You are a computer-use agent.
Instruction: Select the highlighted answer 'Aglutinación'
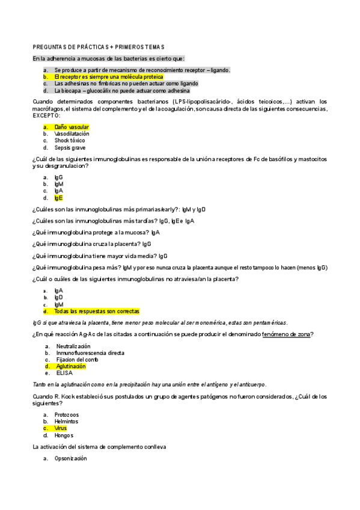click(x=71, y=366)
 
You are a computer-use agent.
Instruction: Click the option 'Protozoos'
click(x=67, y=415)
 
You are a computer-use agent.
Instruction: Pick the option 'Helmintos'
click(x=66, y=422)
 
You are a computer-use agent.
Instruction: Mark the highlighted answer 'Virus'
click(x=61, y=428)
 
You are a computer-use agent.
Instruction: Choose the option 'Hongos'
click(x=64, y=435)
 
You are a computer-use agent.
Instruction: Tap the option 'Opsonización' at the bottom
click(x=70, y=458)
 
